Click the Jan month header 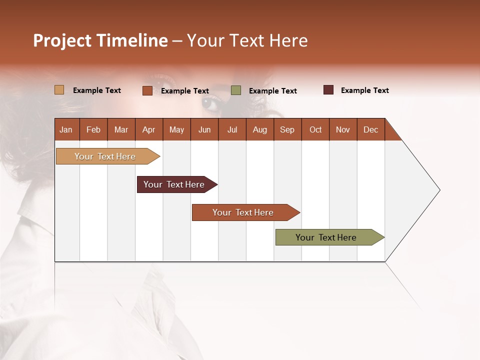pos(66,129)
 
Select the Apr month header pos(149,129)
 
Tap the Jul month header pos(232,129)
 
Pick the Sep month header pos(287,129)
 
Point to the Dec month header pos(370,129)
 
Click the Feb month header pos(93,129)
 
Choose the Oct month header pos(315,129)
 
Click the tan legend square pos(59,90)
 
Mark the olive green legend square pos(236,90)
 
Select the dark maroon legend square pos(328,90)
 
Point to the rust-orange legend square pos(147,90)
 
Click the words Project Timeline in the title pos(100,40)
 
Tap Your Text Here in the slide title pos(247,40)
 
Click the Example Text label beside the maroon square pos(364,90)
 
